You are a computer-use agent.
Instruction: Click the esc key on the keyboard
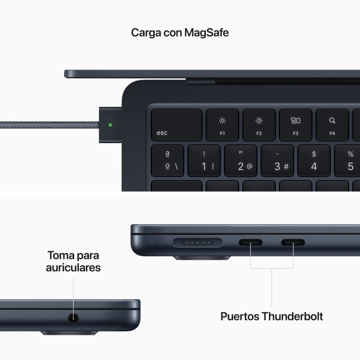[x=176, y=125]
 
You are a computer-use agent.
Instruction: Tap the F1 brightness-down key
[x=222, y=125]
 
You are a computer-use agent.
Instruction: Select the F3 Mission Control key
[x=296, y=125]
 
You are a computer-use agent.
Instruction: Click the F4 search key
[x=332, y=125]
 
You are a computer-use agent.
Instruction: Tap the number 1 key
[x=204, y=161]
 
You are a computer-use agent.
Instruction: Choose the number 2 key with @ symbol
[x=241, y=161]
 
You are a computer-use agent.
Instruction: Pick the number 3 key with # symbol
[x=278, y=161]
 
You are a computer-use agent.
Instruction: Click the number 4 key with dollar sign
[x=314, y=161]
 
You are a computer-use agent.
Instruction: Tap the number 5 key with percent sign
[x=347, y=161]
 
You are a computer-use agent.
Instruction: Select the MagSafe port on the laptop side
[x=197, y=243]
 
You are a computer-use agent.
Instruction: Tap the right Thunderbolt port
[x=293, y=243]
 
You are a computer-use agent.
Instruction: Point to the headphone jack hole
[x=73, y=318]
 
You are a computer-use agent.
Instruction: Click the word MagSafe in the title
[x=207, y=33]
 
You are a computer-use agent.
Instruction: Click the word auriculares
[x=73, y=267]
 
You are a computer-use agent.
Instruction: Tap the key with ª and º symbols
[x=167, y=161]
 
